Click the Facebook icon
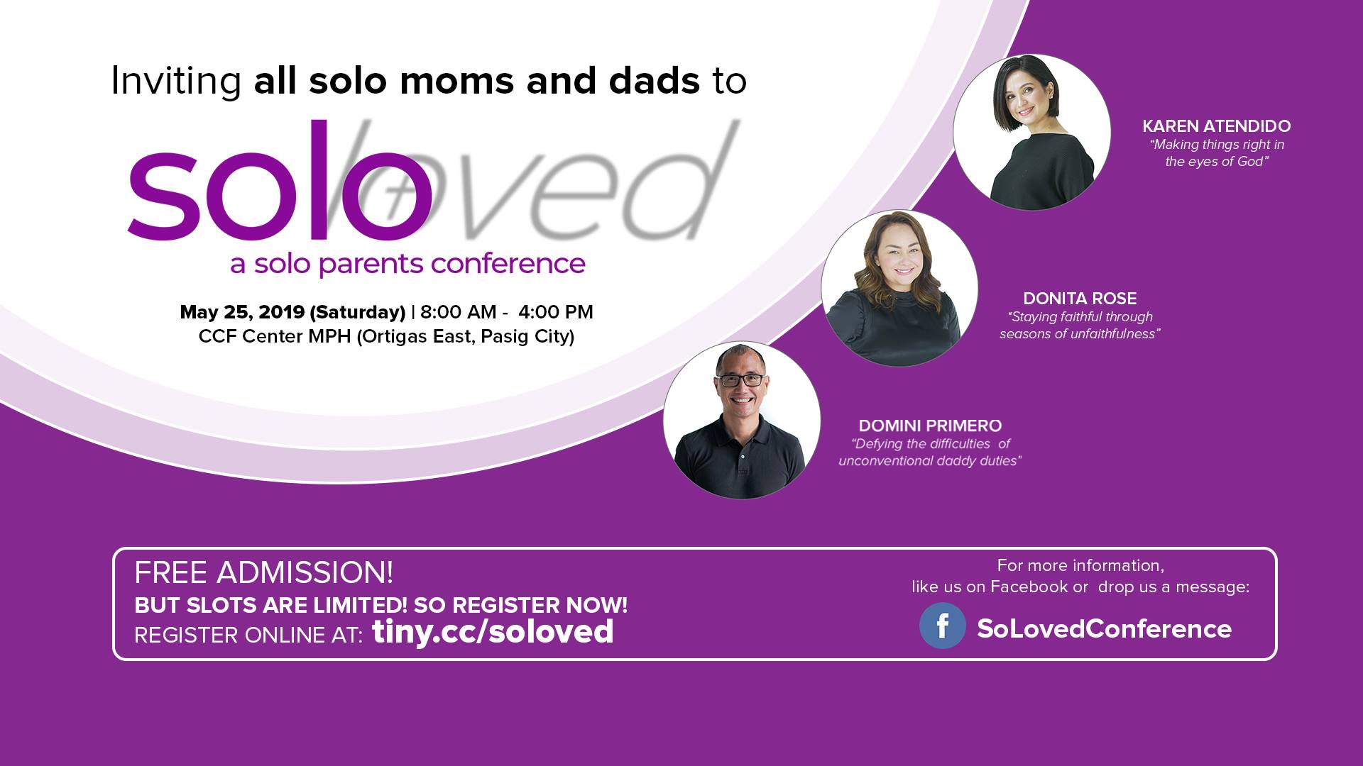tap(942, 626)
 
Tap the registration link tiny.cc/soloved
tap(493, 631)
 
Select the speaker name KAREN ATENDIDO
tap(1216, 126)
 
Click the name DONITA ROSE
tap(1080, 299)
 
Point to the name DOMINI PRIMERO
tap(930, 426)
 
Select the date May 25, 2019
tap(242, 313)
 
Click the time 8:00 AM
tap(458, 312)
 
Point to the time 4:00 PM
tap(556, 312)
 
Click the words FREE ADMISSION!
tap(263, 572)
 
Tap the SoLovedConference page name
tap(1104, 628)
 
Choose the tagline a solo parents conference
tap(407, 264)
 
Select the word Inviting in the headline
tap(176, 82)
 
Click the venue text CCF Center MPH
tap(275, 336)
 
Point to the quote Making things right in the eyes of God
tap(1217, 153)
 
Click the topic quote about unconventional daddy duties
tap(930, 453)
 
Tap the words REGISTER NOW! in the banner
tap(540, 605)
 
